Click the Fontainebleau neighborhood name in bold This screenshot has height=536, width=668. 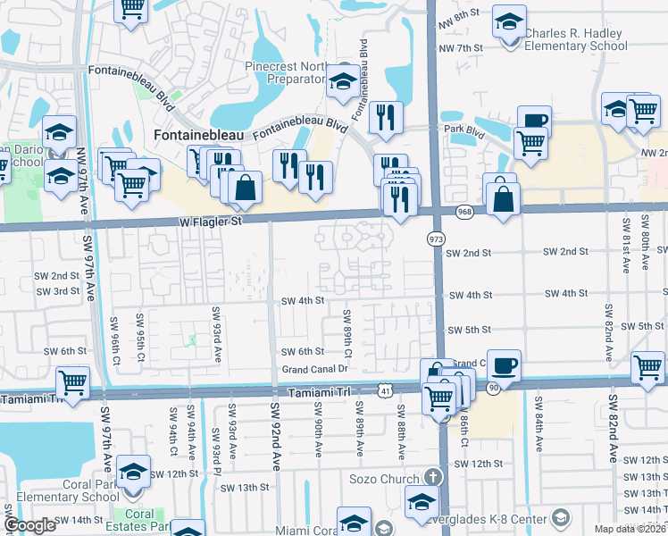click(x=201, y=136)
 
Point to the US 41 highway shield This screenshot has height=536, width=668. click(x=385, y=390)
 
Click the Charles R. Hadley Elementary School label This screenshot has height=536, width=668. click(x=577, y=40)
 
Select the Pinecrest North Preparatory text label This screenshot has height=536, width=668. click(x=286, y=72)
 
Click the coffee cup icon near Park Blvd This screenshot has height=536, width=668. click(x=534, y=121)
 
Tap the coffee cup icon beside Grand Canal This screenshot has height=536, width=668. click(x=504, y=364)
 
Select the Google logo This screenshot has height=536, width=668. click(x=30, y=524)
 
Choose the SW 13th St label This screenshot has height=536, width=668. click(x=244, y=487)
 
